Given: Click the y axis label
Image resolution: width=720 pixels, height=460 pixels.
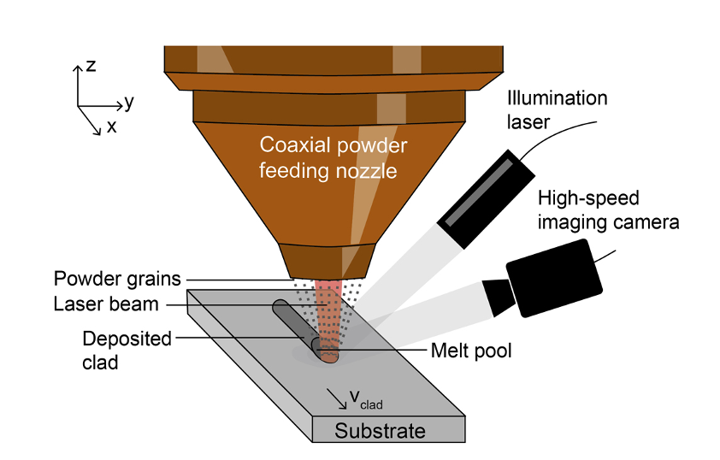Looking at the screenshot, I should (129, 103).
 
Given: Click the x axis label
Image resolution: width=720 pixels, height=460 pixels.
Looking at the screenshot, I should (112, 127).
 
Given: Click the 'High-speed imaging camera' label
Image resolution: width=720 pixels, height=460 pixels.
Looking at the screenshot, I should (608, 210).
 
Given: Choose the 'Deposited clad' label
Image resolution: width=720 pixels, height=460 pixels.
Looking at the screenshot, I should (115, 349).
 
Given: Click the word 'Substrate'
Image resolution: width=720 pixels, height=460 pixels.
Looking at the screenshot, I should (380, 430).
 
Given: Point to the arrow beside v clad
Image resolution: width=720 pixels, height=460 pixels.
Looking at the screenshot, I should (334, 395).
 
